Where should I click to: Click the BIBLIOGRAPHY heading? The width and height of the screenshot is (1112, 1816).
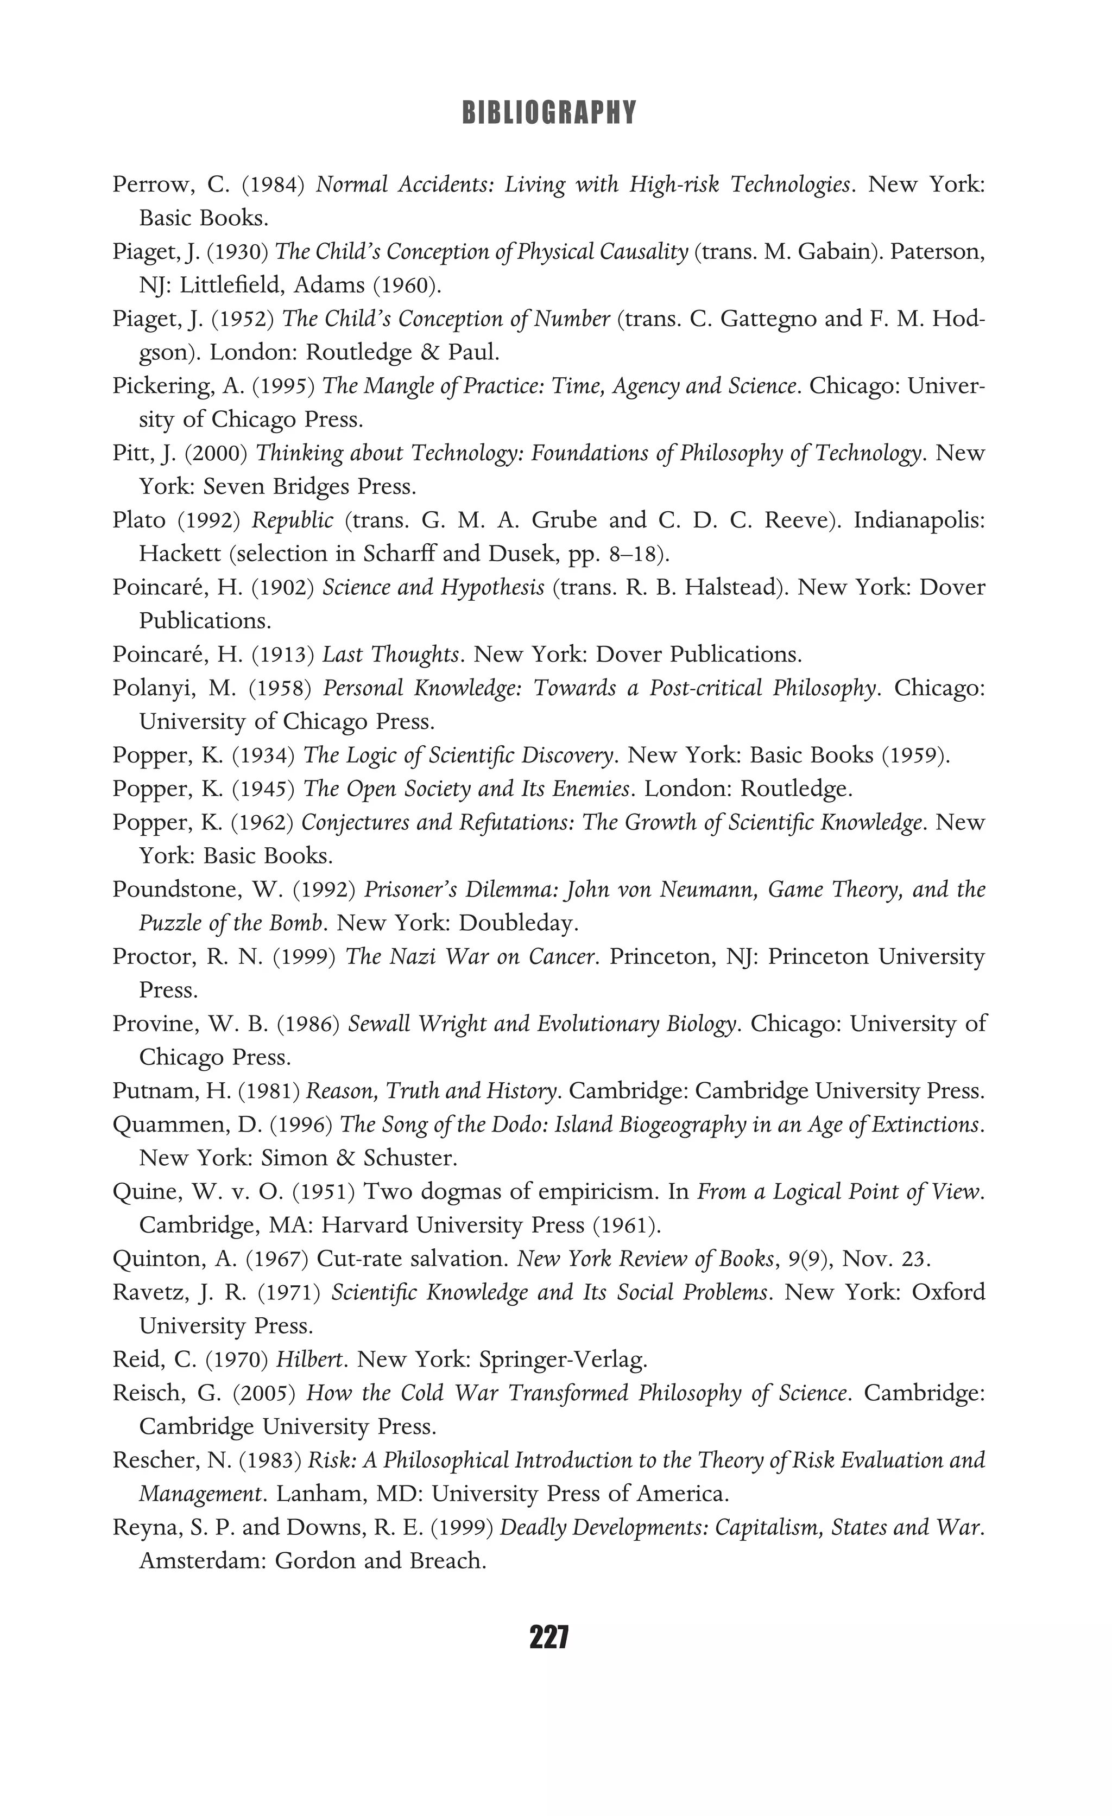pos(548,113)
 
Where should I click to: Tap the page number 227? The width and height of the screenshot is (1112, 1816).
pos(548,1637)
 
